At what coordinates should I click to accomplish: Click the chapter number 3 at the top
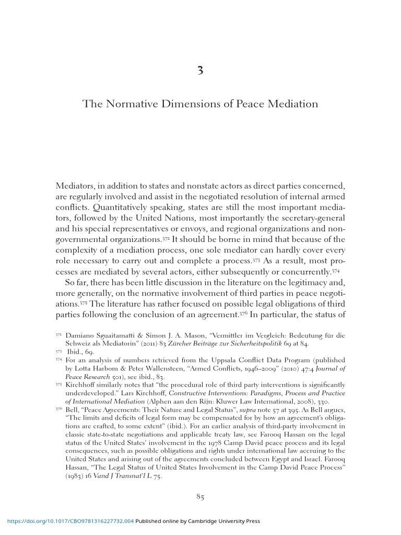[x=200, y=71]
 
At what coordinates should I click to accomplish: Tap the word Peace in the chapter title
[x=250, y=104]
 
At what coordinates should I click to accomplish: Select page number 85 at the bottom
[x=200, y=497]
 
